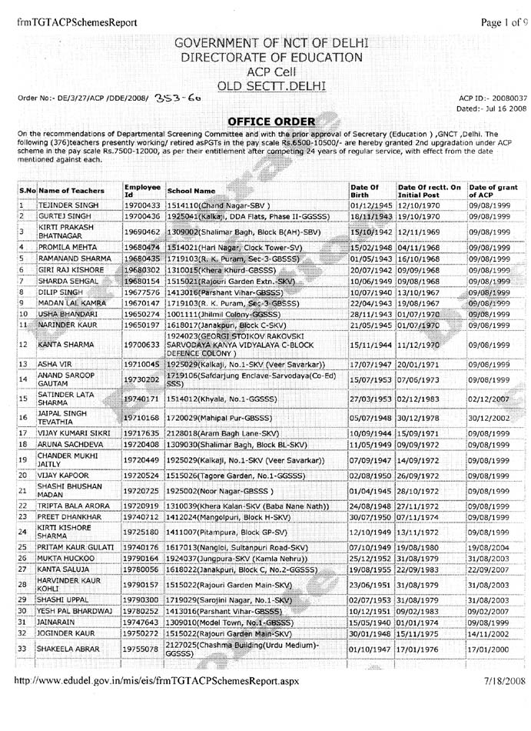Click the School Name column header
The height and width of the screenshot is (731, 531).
(x=191, y=190)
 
